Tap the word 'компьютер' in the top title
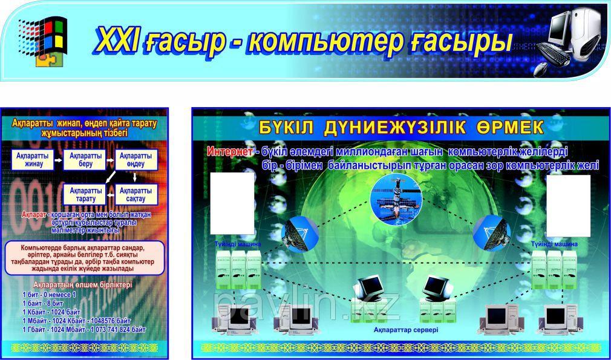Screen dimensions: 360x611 [x=326, y=41]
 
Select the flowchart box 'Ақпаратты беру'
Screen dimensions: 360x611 [x=85, y=160]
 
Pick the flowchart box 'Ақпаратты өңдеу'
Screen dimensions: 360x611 [x=136, y=160]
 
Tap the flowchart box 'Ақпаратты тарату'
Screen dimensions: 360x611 [x=85, y=194]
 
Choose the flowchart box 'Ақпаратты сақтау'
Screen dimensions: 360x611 [x=136, y=194]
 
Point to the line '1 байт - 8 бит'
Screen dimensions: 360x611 [x=43, y=303]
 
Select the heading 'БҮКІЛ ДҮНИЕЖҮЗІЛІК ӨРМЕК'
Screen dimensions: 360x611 [x=401, y=128]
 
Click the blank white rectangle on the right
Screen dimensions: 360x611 [x=567, y=206]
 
